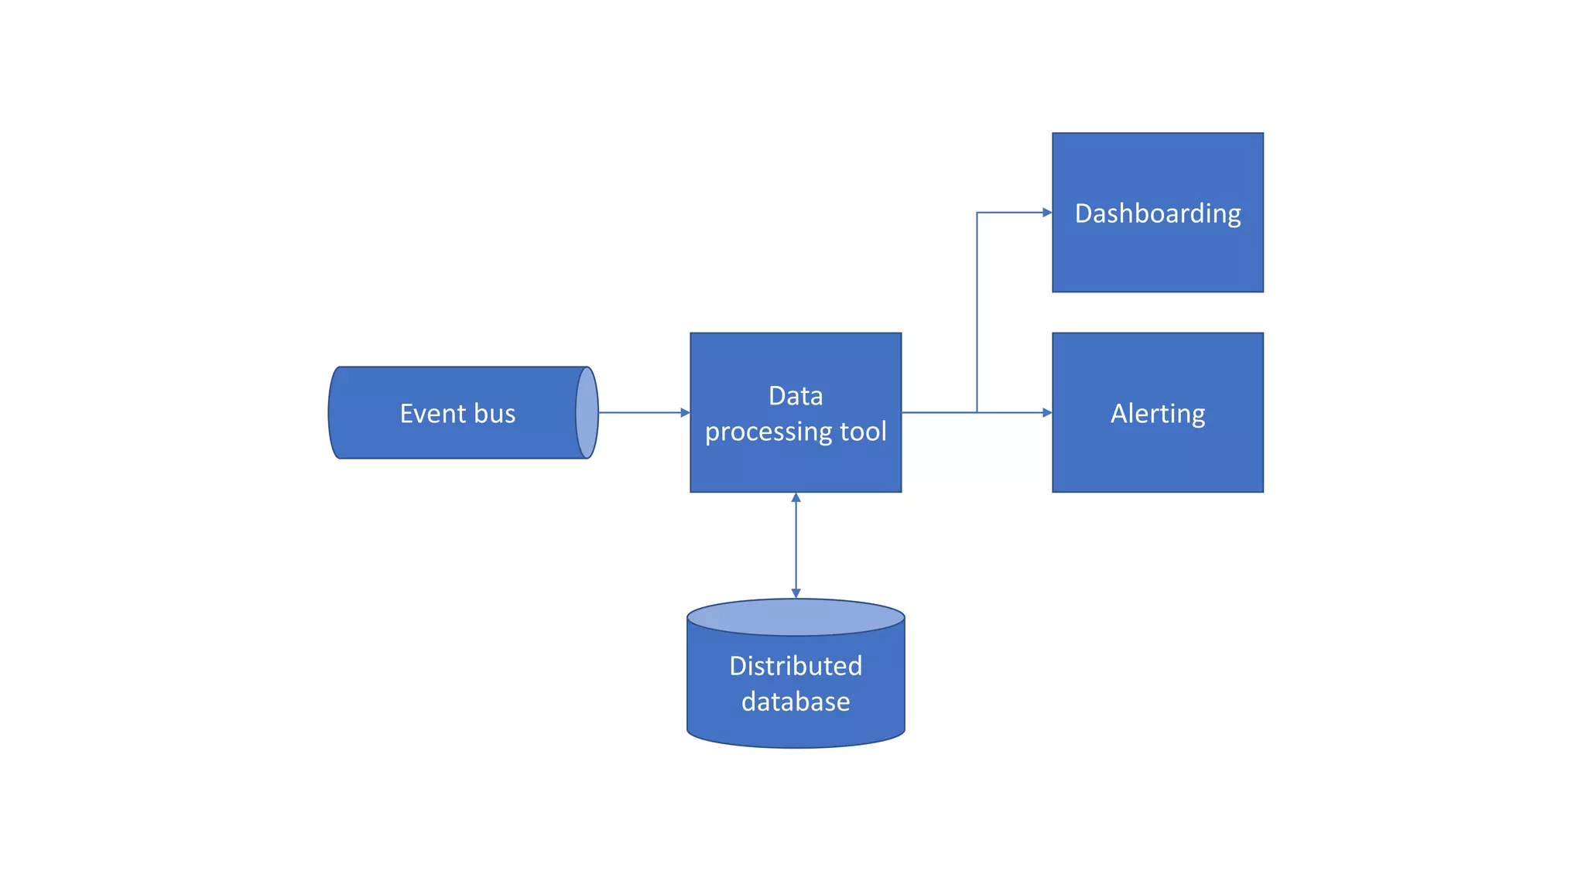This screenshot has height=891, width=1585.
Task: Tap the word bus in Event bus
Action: pos(495,414)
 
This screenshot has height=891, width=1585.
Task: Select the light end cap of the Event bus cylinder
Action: pos(587,413)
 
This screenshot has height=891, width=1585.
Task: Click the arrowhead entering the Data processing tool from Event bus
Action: pos(685,413)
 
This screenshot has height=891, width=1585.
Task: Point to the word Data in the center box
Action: pos(796,396)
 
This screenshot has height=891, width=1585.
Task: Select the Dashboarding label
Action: pos(1158,213)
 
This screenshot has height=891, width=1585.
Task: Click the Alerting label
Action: pos(1158,414)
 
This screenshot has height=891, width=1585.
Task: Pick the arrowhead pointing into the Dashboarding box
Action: pos(1047,213)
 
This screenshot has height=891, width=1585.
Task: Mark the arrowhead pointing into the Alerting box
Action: pos(1047,413)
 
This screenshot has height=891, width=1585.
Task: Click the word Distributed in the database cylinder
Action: pos(796,666)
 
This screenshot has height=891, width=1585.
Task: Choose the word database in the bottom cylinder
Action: pos(796,702)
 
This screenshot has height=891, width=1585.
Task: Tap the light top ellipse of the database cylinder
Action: pos(796,617)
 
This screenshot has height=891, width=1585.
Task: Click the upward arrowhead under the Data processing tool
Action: pos(796,498)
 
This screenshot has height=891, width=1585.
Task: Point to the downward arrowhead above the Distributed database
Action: pos(796,593)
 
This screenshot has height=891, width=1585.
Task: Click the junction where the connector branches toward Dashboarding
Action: pos(977,413)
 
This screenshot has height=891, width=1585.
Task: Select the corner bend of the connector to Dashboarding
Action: pos(977,213)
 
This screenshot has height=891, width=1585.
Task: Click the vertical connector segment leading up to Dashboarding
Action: pos(977,309)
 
